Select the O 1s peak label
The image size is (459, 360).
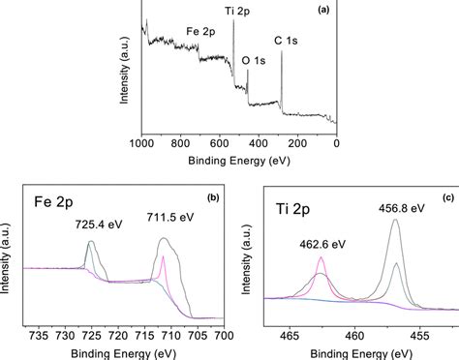(254, 60)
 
